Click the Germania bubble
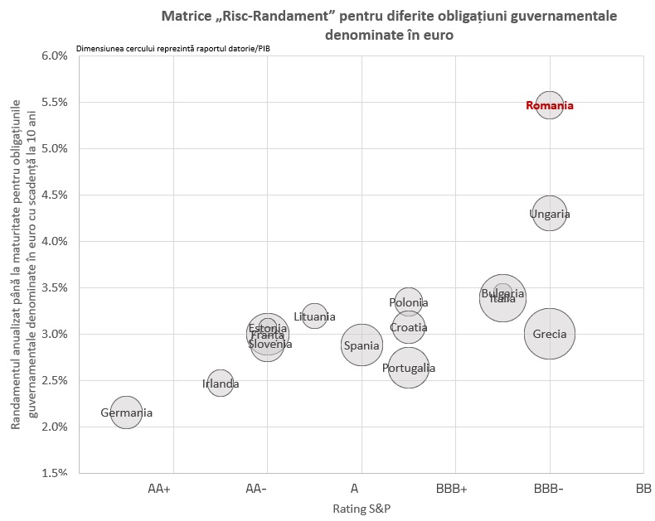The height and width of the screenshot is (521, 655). coord(126,412)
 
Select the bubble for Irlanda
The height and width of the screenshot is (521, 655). coord(220,384)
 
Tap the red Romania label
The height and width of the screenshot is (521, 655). coord(549,105)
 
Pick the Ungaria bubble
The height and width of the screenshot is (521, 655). coord(549,214)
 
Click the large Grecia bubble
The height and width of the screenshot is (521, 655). coord(549,334)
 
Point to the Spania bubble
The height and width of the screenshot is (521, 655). coord(361,345)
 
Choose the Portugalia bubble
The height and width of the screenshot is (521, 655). coord(408,368)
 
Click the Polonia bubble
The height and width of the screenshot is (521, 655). coord(408,302)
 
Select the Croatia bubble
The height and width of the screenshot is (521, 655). coord(408,327)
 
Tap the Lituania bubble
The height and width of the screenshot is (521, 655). coord(314,316)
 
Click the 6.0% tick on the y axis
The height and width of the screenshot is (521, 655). coord(54,55)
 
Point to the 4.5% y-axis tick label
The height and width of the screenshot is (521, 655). coord(54,195)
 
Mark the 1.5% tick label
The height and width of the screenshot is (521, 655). coord(54,473)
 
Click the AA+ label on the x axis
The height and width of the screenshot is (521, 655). coord(159,489)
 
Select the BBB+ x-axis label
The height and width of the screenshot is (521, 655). coord(452,489)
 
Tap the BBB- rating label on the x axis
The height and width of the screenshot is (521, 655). coord(549,489)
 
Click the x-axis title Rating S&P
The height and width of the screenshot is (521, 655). coord(361,509)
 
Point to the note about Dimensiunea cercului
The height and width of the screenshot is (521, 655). coord(172,48)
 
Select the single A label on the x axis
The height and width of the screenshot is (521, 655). coord(354,489)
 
